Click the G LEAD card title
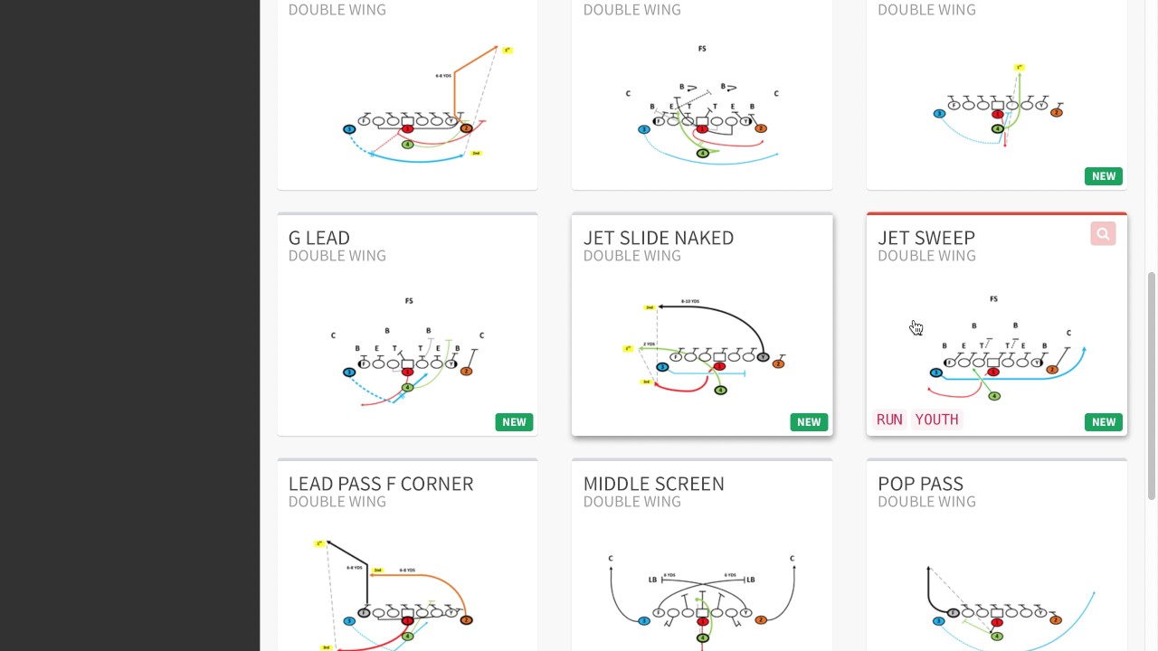pyautogui.click(x=319, y=238)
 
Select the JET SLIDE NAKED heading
pyautogui.click(x=658, y=238)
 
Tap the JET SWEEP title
pyautogui.click(x=925, y=238)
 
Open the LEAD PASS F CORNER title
pyautogui.click(x=381, y=484)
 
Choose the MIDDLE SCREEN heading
pyautogui.click(x=653, y=484)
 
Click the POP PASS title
pyautogui.click(x=920, y=484)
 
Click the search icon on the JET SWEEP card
pyautogui.click(x=1103, y=234)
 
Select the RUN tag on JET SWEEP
pyautogui.click(x=889, y=420)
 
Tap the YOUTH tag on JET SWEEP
pyautogui.click(x=936, y=420)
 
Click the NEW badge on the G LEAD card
pyautogui.click(x=514, y=422)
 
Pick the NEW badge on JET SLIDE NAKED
pyautogui.click(x=809, y=422)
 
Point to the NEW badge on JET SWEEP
pyautogui.click(x=1104, y=422)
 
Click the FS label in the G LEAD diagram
pyautogui.click(x=409, y=301)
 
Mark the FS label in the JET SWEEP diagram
pyautogui.click(x=993, y=299)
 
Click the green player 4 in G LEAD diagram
pyautogui.click(x=407, y=388)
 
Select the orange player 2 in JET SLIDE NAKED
pyautogui.click(x=778, y=363)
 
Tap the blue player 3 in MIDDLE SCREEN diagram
pyautogui.click(x=644, y=621)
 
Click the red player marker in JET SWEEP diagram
pyautogui.click(x=993, y=373)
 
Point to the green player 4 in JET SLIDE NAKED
pyautogui.click(x=720, y=391)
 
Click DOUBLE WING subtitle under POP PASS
pyautogui.click(x=926, y=502)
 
